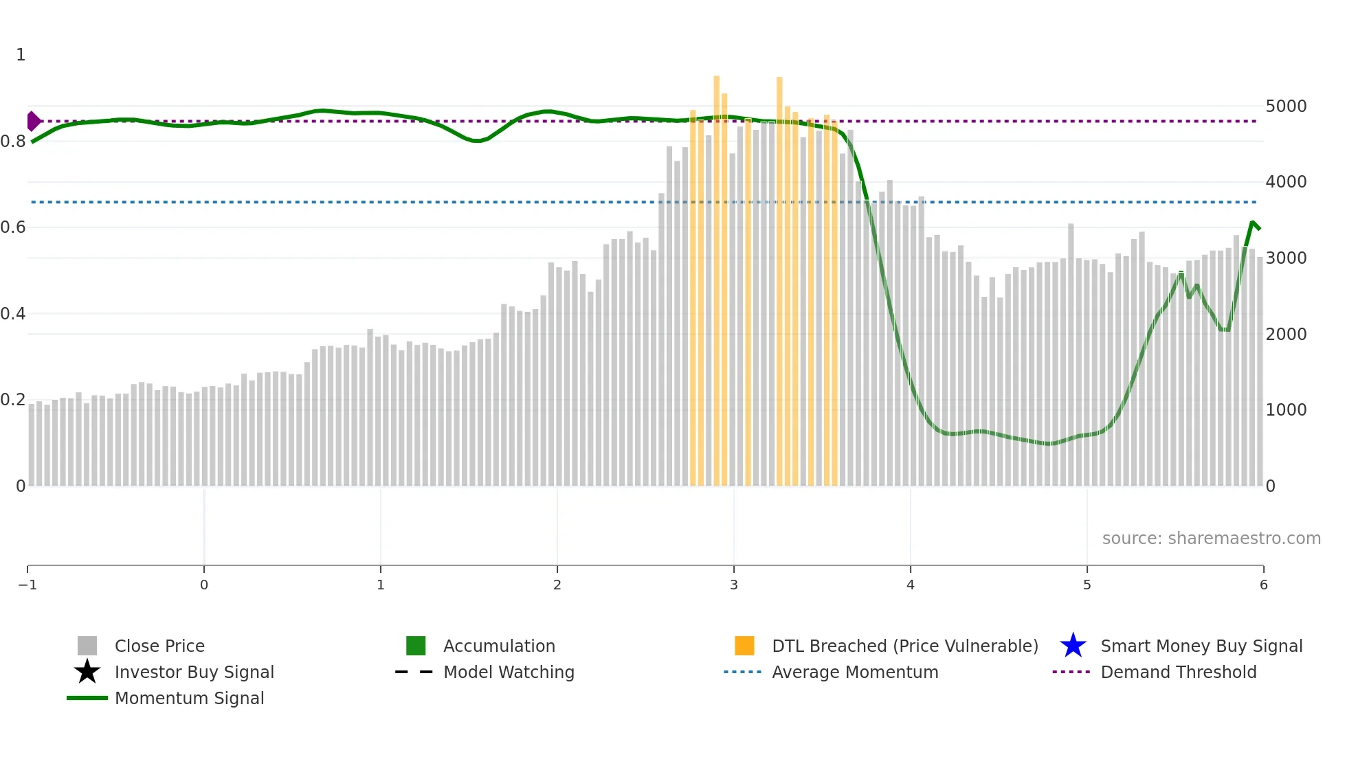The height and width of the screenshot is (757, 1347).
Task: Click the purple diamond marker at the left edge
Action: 33,121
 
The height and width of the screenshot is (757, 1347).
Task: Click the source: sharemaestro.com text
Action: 1211,539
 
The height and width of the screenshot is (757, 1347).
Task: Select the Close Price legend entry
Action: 159,646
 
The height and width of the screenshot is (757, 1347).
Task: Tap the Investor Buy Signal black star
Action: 87,672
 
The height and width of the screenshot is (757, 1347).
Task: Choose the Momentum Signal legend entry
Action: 189,699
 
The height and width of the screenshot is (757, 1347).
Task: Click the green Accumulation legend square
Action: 416,646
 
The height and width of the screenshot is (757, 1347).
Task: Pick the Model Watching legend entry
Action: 509,673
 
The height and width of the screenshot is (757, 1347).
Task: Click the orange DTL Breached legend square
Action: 744,646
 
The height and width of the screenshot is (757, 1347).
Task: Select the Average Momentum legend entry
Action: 855,673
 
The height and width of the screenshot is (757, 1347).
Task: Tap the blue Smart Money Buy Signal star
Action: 1073,646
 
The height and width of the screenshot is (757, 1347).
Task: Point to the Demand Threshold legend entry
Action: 1178,673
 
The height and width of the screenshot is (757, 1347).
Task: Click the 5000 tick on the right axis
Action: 1286,106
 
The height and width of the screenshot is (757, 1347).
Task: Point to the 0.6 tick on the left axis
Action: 13,227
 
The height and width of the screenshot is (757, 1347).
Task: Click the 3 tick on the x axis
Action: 734,585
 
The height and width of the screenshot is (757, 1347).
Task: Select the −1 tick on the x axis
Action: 27,585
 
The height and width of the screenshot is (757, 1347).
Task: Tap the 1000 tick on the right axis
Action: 1286,410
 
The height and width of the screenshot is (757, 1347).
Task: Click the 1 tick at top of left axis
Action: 21,55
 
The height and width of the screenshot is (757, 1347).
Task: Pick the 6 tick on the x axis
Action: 1263,585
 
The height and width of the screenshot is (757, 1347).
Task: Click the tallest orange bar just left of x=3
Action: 717,275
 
